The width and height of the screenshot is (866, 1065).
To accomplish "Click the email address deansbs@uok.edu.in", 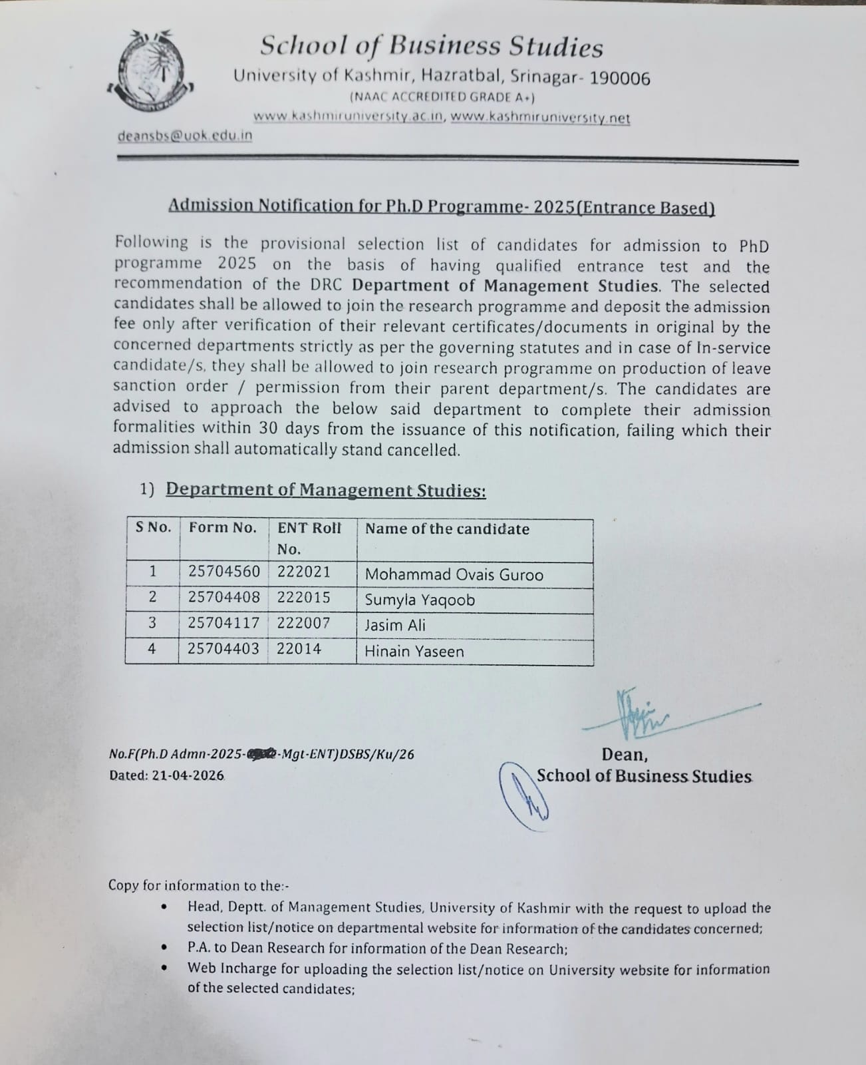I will point(185,135).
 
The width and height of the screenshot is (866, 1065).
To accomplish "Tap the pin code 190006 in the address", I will point(620,79).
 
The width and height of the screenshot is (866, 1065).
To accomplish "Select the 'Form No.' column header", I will point(223,528).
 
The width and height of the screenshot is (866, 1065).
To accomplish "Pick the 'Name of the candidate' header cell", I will point(447,529).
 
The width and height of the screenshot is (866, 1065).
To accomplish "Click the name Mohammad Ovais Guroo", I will point(454,575).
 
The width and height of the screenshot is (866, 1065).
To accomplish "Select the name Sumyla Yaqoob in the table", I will point(420,600).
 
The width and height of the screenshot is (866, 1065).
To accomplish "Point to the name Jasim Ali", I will point(395,625).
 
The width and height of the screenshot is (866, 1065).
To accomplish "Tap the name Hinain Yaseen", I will point(414,651).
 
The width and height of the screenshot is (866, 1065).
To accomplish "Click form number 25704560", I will point(224,572).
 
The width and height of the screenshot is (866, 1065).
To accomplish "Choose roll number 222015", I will point(303,597).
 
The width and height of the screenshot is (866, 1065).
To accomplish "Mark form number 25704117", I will point(223,623).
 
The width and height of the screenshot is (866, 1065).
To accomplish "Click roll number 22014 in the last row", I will point(299,648).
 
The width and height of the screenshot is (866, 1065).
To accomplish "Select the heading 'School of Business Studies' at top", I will point(432,47).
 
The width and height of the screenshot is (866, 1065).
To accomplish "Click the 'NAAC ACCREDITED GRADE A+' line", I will point(442,97).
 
